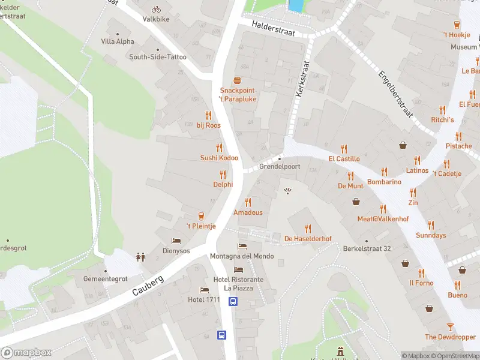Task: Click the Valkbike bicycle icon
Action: tap(156, 9)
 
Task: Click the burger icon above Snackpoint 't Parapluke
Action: tap(238, 81)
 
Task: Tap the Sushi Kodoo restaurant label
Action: tap(219, 158)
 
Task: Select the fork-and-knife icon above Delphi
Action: tap(223, 175)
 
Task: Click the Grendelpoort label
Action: tap(279, 167)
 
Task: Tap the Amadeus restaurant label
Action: tap(248, 212)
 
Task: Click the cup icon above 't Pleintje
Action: tap(200, 216)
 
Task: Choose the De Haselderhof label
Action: tap(308, 239)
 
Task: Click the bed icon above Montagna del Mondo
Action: tap(242, 247)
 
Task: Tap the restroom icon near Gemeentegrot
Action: tap(141, 257)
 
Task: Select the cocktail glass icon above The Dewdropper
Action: tap(450, 326)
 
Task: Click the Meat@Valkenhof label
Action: tap(383, 219)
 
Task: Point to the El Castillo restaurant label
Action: tap(344, 159)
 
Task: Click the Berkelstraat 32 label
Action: tap(367, 248)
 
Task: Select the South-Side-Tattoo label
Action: tap(158, 57)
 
